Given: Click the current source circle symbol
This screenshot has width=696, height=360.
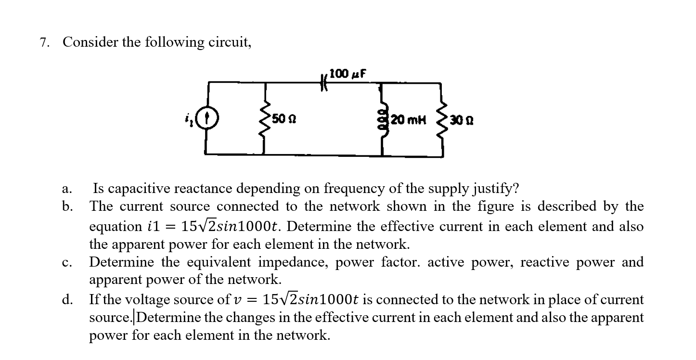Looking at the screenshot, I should click(x=210, y=118).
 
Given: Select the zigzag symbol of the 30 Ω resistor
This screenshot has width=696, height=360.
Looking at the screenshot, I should click(x=442, y=118).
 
